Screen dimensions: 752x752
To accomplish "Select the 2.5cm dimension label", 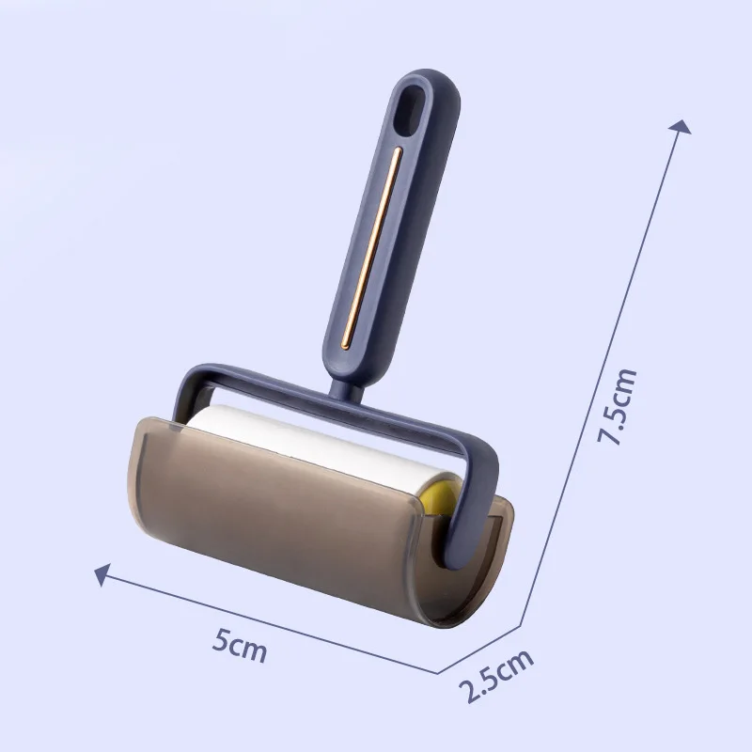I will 496,675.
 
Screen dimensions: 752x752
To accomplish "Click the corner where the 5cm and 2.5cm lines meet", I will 438,672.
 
